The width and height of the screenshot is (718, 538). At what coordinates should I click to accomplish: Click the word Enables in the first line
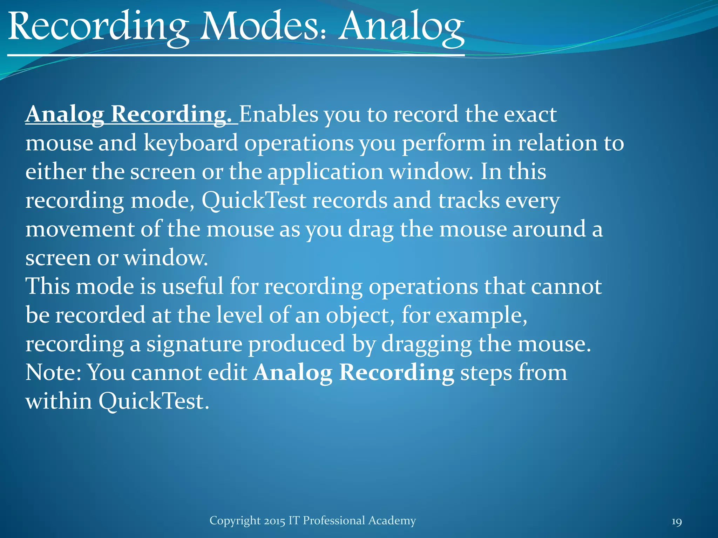coord(278,115)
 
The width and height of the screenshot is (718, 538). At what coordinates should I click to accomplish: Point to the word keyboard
coord(191,143)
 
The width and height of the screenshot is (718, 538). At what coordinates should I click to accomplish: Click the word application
coord(325,172)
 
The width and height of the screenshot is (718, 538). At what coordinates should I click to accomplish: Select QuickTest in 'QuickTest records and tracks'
coord(254,201)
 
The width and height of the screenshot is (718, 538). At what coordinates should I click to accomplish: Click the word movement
coord(80,229)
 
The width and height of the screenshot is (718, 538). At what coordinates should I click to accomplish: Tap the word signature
coord(194,344)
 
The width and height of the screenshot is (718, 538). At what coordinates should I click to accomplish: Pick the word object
coord(358,315)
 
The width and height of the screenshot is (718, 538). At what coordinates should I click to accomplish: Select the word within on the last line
coord(59,401)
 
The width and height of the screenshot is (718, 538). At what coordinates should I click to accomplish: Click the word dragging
coord(426,344)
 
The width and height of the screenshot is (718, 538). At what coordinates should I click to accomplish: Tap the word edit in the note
coord(228,372)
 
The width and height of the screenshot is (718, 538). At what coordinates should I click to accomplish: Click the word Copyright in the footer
coord(235,521)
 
